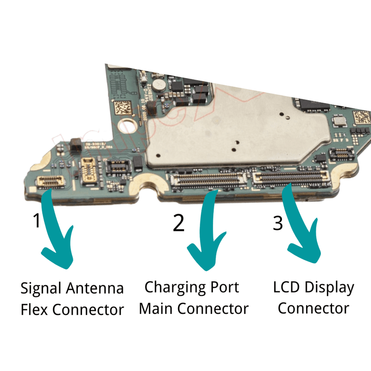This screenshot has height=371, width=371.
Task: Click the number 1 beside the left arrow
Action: pos(37,221)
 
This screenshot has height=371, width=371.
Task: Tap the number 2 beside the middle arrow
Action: pos(179,223)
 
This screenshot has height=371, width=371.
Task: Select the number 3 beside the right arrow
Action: pos(277,223)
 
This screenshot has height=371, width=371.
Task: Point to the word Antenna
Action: pos(96,288)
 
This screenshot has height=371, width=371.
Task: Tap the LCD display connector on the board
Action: pos(289,176)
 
